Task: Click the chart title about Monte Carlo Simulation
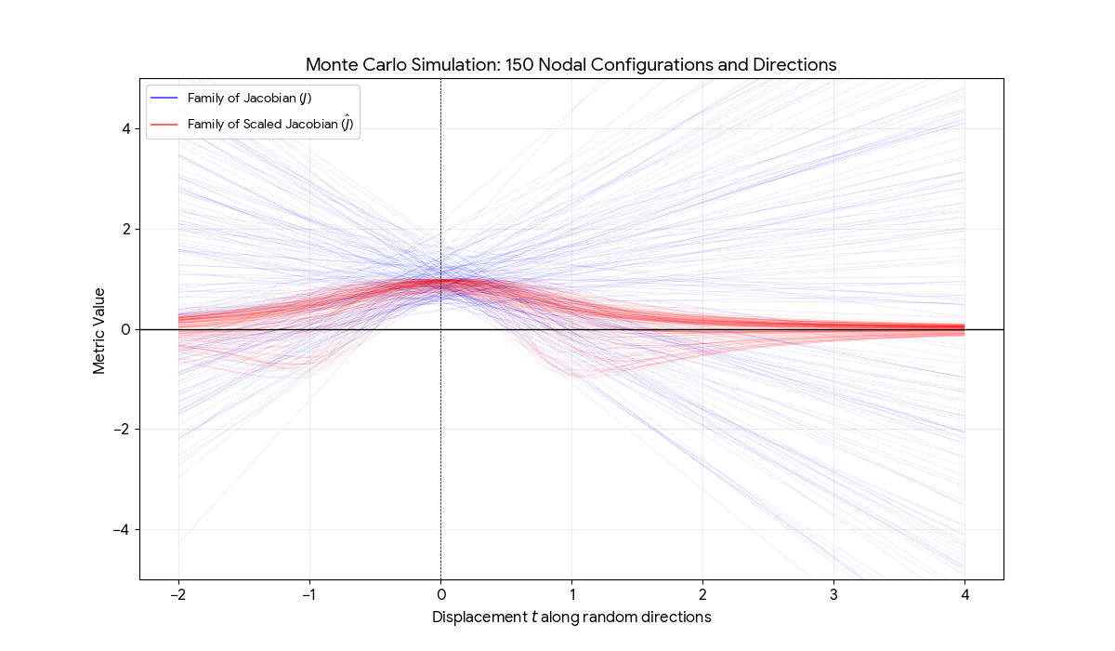571,65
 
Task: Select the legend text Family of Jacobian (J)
255,98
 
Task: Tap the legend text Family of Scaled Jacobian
269,124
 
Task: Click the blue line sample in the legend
163,98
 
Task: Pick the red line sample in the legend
163,124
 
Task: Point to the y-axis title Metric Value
99,329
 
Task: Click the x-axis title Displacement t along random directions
571,618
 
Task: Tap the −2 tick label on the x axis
178,594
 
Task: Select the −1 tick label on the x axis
309,594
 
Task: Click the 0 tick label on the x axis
440,594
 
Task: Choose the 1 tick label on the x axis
571,594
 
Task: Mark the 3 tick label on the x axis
833,594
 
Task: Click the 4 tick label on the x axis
964,594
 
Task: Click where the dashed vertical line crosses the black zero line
440,329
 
